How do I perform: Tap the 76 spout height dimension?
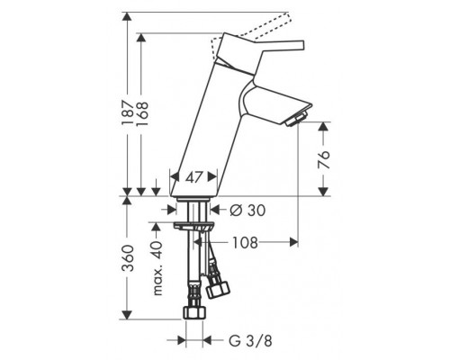[x=323, y=159]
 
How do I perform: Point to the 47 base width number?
[x=194, y=177]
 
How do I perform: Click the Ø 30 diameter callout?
[x=247, y=211]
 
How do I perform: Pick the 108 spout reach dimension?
[x=246, y=242]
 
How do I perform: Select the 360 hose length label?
[x=128, y=258]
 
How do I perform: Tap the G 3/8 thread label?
[x=250, y=341]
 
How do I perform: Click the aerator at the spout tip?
[x=295, y=119]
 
